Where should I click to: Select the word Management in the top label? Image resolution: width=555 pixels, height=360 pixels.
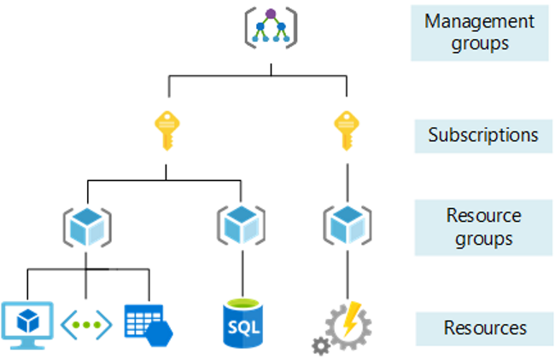coord(479,20)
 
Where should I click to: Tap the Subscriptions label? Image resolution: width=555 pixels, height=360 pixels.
coord(483,135)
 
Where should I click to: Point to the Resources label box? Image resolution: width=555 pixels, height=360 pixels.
coord(483,328)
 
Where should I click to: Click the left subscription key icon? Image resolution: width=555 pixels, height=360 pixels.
coord(166,129)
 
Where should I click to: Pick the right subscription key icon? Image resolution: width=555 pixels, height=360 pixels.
coord(346,129)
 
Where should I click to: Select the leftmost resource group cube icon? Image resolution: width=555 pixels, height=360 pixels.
coord(86,224)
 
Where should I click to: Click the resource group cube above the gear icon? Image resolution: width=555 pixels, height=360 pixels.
coord(347,224)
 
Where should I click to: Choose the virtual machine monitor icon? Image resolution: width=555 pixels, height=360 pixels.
coord(28,322)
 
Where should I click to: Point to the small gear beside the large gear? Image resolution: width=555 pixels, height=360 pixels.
coord(321,345)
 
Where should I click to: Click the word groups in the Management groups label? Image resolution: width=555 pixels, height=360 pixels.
coord(479,43)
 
